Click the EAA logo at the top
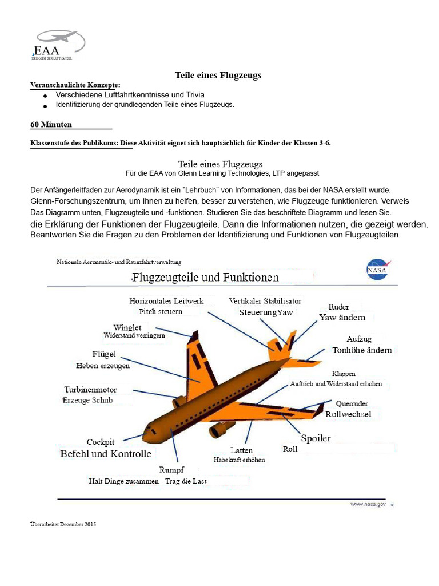[x=58, y=45]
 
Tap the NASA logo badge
[x=376, y=269]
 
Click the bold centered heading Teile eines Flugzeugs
[x=218, y=75]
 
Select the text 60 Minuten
[x=51, y=124]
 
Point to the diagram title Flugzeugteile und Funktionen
[x=206, y=278]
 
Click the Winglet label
[x=127, y=327]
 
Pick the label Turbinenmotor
[x=90, y=390]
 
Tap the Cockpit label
[x=101, y=442]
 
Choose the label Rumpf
[x=171, y=470]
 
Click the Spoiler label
[x=316, y=438]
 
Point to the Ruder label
[x=338, y=307]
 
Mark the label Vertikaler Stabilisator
[x=265, y=301]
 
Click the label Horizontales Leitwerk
[x=166, y=301]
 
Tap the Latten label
[x=241, y=450]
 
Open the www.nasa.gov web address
[x=368, y=505]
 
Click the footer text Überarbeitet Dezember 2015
[x=63, y=524]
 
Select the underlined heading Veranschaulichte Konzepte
[x=75, y=85]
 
